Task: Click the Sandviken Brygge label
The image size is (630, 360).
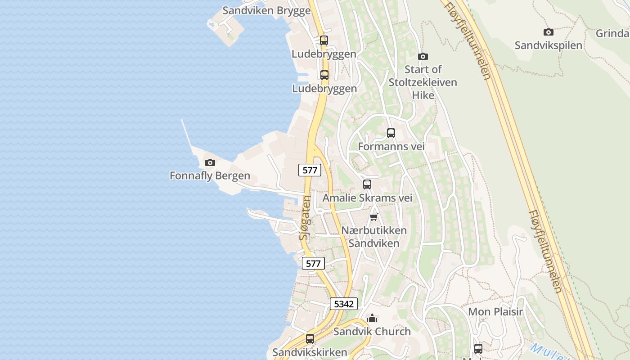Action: click(266, 10)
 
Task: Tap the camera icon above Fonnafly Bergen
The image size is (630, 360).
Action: click(210, 162)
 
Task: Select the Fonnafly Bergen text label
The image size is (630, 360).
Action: click(210, 175)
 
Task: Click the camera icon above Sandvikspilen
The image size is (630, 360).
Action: click(548, 32)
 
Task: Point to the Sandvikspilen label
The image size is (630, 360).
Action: click(548, 45)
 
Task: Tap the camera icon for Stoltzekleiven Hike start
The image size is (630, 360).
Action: click(423, 56)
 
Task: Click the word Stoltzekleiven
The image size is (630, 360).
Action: click(423, 82)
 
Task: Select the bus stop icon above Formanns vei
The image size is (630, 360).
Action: click(391, 133)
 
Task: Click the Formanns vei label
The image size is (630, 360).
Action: click(391, 147)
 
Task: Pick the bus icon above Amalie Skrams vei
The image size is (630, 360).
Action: click(367, 184)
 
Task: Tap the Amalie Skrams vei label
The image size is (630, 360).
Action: click(367, 198)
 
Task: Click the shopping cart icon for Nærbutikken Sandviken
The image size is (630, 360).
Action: click(373, 217)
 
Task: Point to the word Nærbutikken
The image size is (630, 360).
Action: click(373, 230)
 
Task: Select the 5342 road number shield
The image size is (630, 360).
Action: click(344, 304)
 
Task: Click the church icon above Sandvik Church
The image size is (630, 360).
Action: click(372, 319)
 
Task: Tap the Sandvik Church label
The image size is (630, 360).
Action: click(372, 332)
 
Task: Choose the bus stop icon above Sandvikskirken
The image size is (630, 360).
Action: click(310, 339)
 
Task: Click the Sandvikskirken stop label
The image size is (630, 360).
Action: click(310, 352)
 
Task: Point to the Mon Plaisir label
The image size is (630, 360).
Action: click(495, 312)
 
